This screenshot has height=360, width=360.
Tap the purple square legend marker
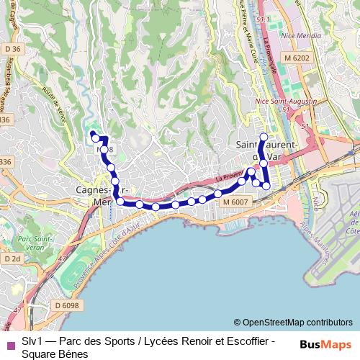pyautogui.click(x=9, y=343)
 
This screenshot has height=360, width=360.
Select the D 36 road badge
pyautogui.click(x=12, y=49)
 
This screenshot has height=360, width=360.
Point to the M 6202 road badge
pyautogui.click(x=296, y=57)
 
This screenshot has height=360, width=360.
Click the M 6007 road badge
pyautogui.click(x=235, y=203)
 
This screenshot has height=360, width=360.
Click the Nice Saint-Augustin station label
pyautogui.click(x=286, y=102)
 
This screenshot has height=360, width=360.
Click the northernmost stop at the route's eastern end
pyautogui.click(x=264, y=137)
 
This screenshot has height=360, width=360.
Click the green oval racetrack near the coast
pyautogui.click(x=72, y=277)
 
